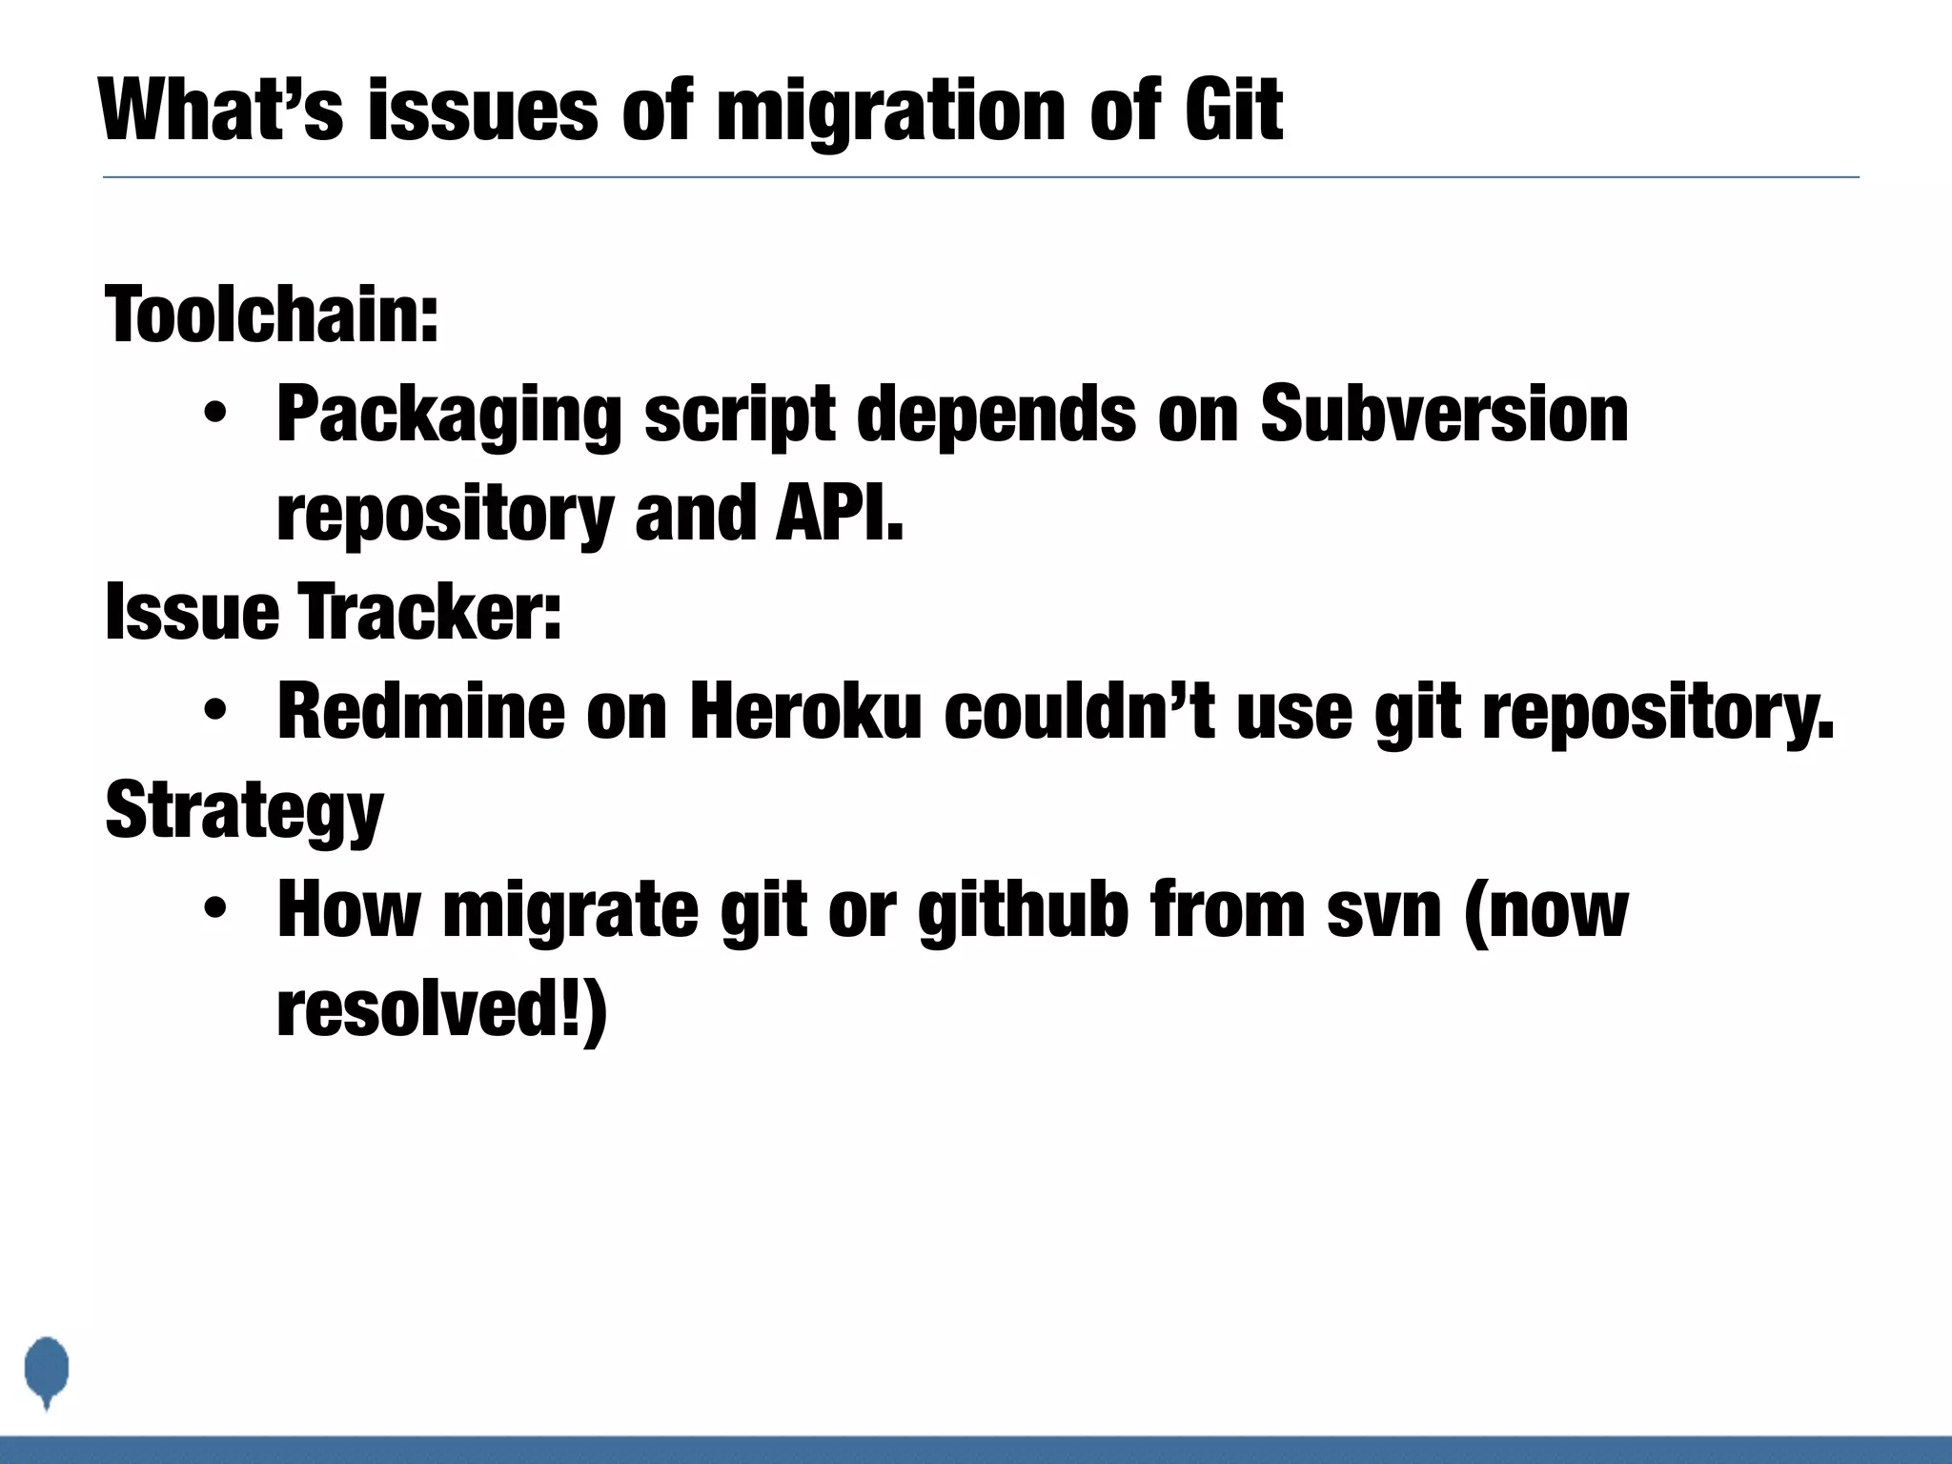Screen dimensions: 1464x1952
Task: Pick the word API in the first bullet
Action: click(x=838, y=512)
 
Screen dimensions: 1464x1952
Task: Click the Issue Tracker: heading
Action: click(x=334, y=612)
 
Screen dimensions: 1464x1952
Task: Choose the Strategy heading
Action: click(x=245, y=811)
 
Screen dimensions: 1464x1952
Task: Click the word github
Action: click(x=1023, y=911)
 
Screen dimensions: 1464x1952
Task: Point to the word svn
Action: click(x=1384, y=911)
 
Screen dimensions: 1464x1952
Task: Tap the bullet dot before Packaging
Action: click(x=215, y=416)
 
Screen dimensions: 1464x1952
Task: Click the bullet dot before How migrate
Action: click(x=215, y=909)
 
